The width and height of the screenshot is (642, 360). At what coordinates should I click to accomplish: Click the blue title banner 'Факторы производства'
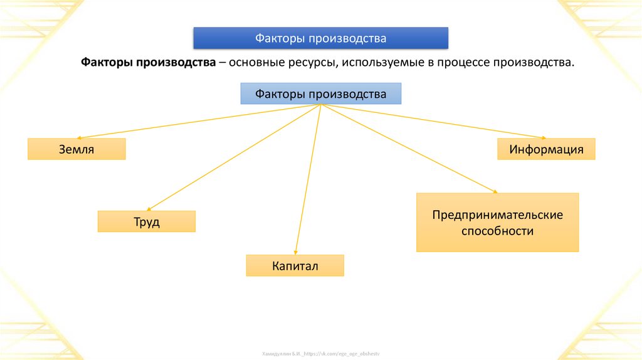coord(320,38)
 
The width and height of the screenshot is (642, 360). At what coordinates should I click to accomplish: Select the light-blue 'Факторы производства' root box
coord(320,94)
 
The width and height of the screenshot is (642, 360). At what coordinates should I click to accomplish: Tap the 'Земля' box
coord(76,149)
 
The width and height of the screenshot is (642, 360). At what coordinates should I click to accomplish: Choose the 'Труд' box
coord(146,222)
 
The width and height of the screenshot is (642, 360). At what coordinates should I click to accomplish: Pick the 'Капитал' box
coord(295,266)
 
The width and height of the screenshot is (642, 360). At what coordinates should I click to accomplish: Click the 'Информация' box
coord(546,149)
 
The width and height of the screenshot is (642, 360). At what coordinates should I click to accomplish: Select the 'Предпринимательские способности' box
coord(497,223)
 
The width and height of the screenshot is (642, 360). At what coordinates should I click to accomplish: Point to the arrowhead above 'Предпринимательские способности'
coord(495,191)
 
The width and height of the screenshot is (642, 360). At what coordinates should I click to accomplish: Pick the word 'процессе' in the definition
coord(460,63)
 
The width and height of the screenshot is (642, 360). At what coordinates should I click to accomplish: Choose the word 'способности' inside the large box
coord(497,231)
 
